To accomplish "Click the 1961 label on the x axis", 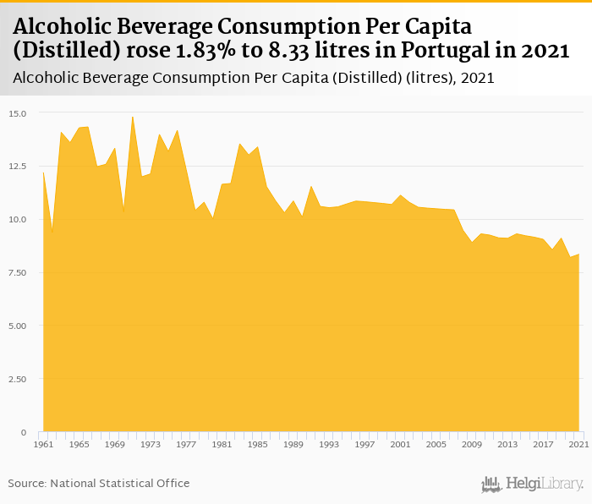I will pos(43,444).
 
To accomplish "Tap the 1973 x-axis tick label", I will pos(151,444).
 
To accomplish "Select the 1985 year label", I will pos(258,444).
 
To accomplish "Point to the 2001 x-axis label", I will pos(400,444).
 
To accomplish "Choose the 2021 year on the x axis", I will pos(578,444).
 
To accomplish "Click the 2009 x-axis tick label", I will pos(471,444).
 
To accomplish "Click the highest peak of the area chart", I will pos(133,117).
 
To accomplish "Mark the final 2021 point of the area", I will pos(578,255).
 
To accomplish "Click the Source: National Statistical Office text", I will pos(99,483).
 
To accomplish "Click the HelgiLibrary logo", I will pos(533,484).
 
